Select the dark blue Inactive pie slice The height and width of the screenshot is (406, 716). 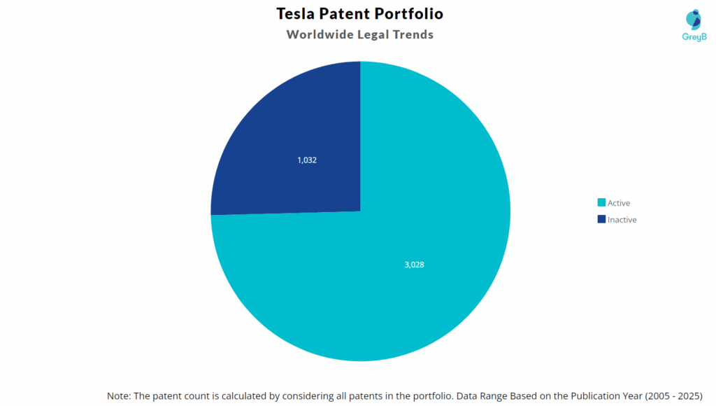[x=294, y=133]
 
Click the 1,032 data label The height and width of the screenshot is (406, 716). [x=307, y=160]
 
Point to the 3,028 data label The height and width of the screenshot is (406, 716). [x=415, y=265]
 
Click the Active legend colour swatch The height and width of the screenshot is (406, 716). [x=601, y=203]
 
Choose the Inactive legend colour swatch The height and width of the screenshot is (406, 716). [x=601, y=219]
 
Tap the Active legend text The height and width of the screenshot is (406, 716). [x=619, y=203]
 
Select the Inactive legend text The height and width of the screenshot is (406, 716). [x=622, y=219]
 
